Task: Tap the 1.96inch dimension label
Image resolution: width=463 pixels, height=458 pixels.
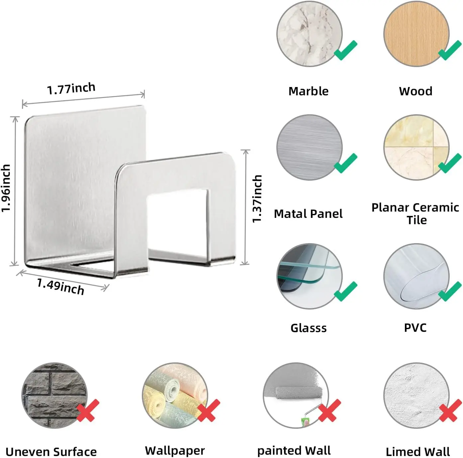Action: click(x=6, y=188)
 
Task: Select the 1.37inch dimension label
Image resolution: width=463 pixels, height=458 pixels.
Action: click(x=257, y=199)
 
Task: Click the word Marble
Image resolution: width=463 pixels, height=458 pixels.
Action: click(x=308, y=91)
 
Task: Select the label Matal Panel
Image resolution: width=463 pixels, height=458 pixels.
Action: click(x=308, y=214)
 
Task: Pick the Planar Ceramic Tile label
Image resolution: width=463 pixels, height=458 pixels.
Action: click(x=415, y=214)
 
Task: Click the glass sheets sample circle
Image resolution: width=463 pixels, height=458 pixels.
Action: click(x=309, y=276)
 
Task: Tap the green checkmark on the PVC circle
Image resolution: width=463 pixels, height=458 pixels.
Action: click(x=450, y=291)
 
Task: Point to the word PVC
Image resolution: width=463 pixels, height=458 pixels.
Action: click(x=415, y=327)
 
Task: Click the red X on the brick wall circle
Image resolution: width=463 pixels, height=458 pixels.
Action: click(x=88, y=410)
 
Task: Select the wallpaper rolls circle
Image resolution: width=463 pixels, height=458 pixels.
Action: click(x=175, y=395)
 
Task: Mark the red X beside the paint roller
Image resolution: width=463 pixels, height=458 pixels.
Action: click(x=329, y=410)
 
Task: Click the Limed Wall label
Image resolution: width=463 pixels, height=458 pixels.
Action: click(x=417, y=452)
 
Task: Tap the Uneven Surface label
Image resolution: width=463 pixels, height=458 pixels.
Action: click(x=51, y=452)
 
